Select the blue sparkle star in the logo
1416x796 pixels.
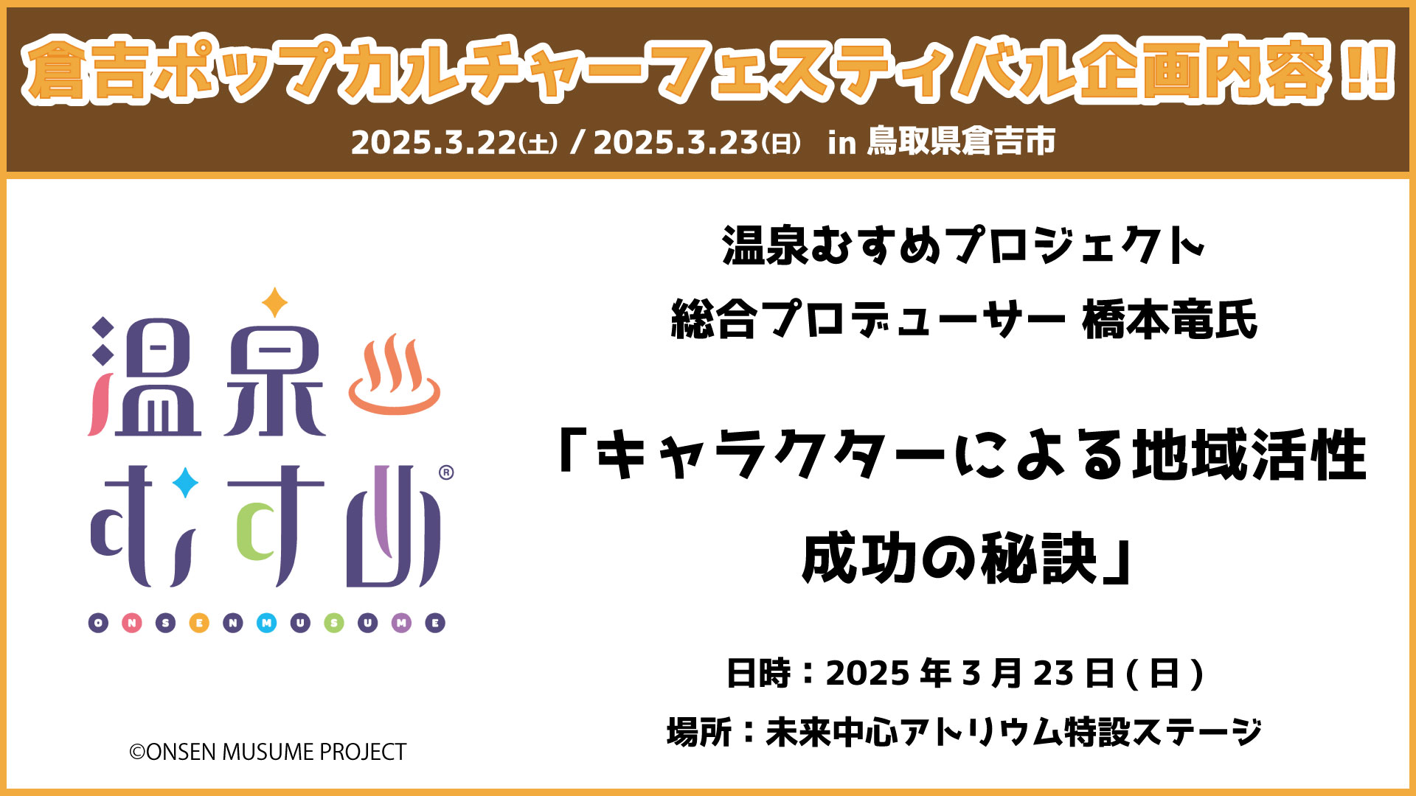(185, 483)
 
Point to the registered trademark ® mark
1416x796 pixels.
(446, 472)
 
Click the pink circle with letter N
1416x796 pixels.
(132, 624)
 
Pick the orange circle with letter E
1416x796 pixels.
(199, 624)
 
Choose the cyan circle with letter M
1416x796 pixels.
(266, 624)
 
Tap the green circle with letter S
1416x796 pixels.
(334, 624)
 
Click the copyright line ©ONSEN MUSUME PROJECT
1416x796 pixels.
(268, 752)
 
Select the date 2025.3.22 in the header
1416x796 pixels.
(434, 142)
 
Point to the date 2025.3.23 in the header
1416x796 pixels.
(676, 142)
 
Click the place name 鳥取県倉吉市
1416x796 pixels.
(961, 142)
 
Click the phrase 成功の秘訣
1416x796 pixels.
(950, 559)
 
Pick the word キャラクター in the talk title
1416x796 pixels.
(771, 455)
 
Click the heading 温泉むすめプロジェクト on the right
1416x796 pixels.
(964, 245)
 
